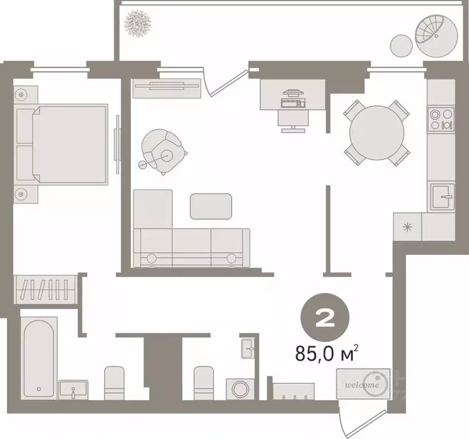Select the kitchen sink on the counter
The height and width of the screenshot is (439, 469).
pyautogui.click(x=441, y=197)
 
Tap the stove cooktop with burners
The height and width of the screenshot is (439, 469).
pyautogui.click(x=441, y=119)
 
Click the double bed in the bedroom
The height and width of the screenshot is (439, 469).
pyautogui.click(x=69, y=144)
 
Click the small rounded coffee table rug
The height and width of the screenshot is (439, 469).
pyautogui.click(x=211, y=206)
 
